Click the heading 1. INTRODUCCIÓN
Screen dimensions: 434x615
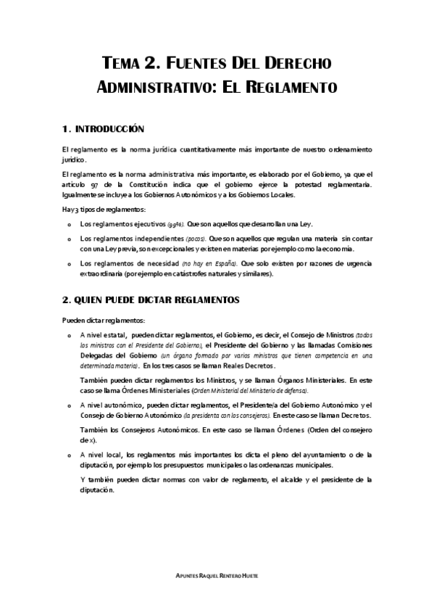(104, 129)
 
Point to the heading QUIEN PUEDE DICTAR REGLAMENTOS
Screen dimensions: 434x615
(147, 299)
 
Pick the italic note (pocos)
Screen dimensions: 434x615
(195, 238)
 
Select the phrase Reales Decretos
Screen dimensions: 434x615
(226, 368)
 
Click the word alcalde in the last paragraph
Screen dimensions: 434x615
(296, 479)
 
